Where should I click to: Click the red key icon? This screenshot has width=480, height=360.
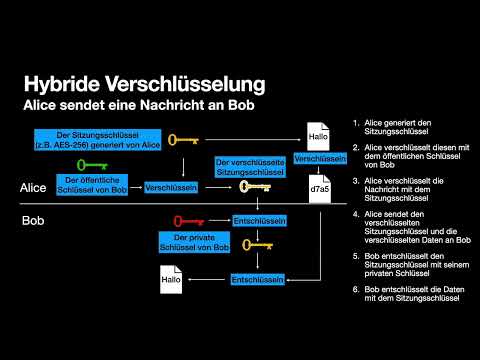(x=194, y=219)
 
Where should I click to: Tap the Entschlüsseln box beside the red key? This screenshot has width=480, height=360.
(x=260, y=219)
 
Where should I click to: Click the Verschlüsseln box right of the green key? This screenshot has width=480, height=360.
(x=170, y=187)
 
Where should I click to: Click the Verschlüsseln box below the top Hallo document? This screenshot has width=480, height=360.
(x=321, y=159)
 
